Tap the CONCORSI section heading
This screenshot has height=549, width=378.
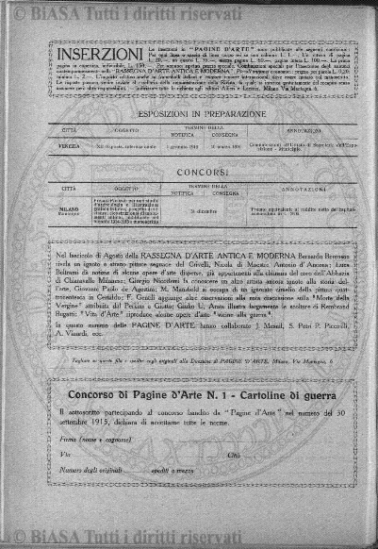coord(189,175)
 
